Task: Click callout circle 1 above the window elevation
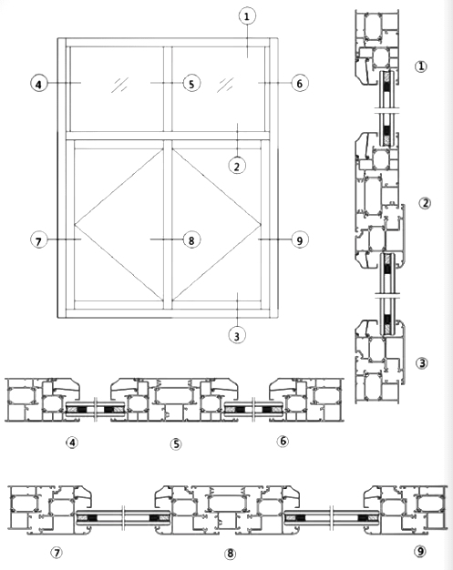pos(247,16)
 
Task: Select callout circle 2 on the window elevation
pos(237,166)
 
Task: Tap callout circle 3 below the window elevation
pos(237,335)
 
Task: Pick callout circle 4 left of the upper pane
pos(39,84)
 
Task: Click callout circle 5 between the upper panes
pos(191,84)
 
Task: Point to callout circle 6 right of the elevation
pos(300,83)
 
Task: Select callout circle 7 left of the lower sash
pos(38,240)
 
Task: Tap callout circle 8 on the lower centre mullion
pos(191,239)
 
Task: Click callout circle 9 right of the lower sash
pos(300,239)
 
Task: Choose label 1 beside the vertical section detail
pos(421,66)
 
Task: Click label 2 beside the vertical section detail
pos(424,203)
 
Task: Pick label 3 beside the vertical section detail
pos(422,362)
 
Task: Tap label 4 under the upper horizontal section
pos(72,443)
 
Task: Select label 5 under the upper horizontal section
pos(176,443)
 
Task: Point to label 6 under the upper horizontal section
pos(283,442)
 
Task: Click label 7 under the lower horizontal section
pos(57,553)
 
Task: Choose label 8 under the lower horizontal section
pos(230,554)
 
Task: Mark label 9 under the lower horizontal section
pos(420,552)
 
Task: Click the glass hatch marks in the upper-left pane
pos(120,85)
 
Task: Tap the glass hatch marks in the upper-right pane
pos(226,85)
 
